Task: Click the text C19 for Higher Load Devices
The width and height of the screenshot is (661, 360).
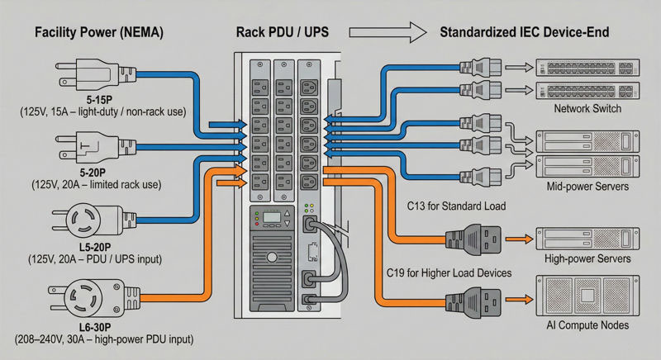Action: click(449, 272)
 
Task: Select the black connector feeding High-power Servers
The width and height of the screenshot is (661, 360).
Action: click(474, 239)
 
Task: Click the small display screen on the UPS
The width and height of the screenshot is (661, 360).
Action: click(273, 220)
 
